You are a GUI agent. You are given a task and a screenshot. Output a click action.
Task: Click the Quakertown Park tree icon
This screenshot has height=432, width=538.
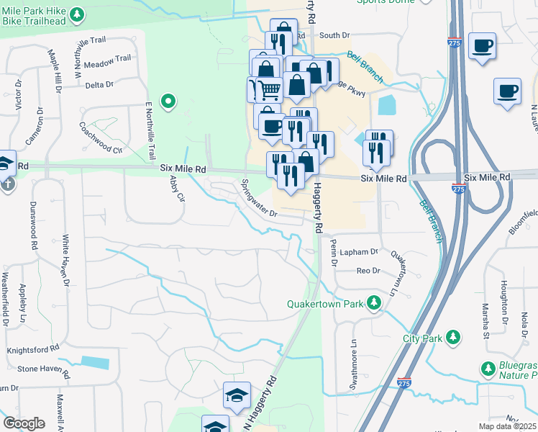tap(373, 303)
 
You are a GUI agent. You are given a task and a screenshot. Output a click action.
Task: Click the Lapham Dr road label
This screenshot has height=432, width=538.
tap(360, 252)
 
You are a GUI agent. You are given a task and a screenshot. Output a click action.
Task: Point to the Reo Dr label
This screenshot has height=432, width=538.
tap(367, 271)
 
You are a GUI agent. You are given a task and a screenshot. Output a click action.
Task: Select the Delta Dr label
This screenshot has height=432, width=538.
tap(99, 85)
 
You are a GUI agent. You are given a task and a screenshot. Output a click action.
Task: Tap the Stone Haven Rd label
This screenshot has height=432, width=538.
tap(43, 369)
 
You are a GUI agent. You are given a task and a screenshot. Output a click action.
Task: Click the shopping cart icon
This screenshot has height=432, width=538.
tap(269, 90)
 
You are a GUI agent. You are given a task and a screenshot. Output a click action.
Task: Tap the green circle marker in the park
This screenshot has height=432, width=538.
tap(168, 102)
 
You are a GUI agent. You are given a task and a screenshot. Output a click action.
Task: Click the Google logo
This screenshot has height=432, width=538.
tap(24, 423)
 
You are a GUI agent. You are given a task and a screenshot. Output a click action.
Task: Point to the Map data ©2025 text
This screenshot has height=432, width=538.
tap(507, 426)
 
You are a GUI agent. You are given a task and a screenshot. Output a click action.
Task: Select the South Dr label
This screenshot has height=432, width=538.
tap(334, 35)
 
